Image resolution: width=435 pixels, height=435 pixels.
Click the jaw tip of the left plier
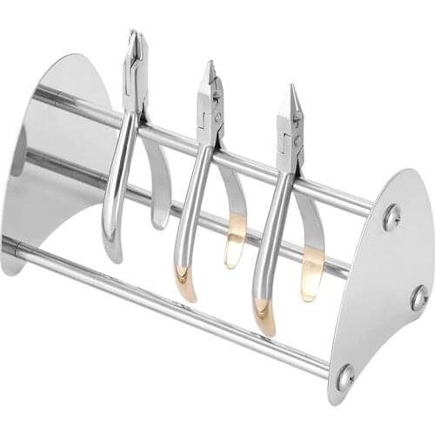pyautogui.click(x=133, y=37)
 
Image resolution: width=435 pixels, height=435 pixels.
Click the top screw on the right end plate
pyautogui.click(x=391, y=217)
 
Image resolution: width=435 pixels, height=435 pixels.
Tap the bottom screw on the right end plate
pyautogui.click(x=345, y=376)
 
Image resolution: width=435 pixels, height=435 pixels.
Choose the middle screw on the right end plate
pyautogui.click(x=418, y=297)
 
